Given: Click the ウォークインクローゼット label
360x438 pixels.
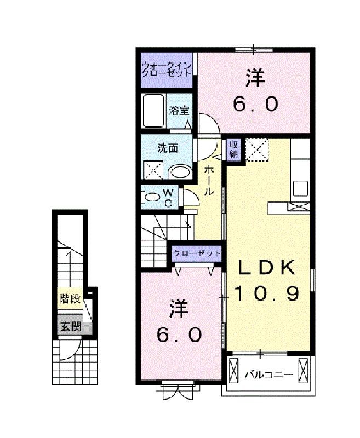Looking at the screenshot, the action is [x=167, y=70].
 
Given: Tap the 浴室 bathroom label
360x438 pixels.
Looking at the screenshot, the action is [x=179, y=111].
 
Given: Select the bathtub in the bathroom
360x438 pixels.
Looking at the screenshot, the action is [x=153, y=111].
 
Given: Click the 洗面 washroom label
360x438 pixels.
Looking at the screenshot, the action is [x=168, y=148].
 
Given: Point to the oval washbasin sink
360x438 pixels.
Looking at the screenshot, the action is [x=181, y=172].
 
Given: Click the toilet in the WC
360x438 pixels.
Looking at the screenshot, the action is [x=150, y=197].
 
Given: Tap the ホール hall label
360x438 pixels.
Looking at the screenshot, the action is [x=209, y=180].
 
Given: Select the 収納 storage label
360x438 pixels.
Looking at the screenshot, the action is [x=233, y=149].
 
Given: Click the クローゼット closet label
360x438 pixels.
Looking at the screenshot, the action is [x=197, y=253].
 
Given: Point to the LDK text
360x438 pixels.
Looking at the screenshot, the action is [x=266, y=267].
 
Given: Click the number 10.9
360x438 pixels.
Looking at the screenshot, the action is [x=266, y=293].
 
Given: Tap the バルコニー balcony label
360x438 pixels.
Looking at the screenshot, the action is [x=269, y=374].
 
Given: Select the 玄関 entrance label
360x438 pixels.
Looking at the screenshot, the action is [x=71, y=326].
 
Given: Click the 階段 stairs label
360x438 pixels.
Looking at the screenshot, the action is [x=70, y=299].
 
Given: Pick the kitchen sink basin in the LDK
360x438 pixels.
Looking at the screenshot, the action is [x=300, y=188].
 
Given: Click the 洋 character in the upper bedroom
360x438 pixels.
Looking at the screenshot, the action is [x=255, y=78].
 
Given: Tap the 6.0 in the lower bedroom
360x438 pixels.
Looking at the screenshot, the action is [x=179, y=335].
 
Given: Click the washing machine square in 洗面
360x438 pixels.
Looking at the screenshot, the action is [x=153, y=170].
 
